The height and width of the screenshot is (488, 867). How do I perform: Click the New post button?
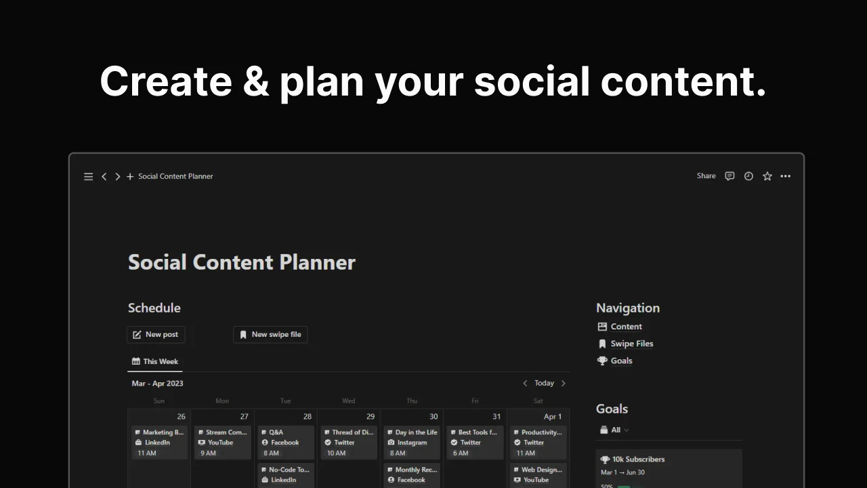(x=156, y=334)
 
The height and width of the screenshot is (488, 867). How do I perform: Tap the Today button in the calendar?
(x=544, y=383)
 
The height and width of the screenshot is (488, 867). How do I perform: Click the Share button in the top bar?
(x=706, y=176)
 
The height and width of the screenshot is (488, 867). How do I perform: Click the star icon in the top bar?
(x=767, y=176)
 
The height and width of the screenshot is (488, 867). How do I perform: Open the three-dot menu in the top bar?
(x=786, y=176)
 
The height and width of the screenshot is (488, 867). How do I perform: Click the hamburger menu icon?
(x=88, y=176)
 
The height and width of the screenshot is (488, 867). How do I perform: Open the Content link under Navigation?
(x=626, y=327)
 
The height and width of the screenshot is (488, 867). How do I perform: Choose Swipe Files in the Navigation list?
(x=631, y=344)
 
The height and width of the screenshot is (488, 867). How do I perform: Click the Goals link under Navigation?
(x=621, y=361)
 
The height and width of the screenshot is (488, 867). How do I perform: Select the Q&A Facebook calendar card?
(x=285, y=442)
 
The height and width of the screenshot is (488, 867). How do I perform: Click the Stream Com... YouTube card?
(x=222, y=442)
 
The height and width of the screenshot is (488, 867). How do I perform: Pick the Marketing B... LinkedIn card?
(x=159, y=442)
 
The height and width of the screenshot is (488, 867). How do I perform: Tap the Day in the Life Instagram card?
(x=412, y=442)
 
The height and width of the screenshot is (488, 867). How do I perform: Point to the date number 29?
(x=371, y=416)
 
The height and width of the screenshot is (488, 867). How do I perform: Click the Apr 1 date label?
(x=553, y=416)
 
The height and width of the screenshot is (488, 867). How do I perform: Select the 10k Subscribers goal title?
(x=638, y=459)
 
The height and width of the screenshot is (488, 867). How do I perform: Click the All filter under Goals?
(x=615, y=430)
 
